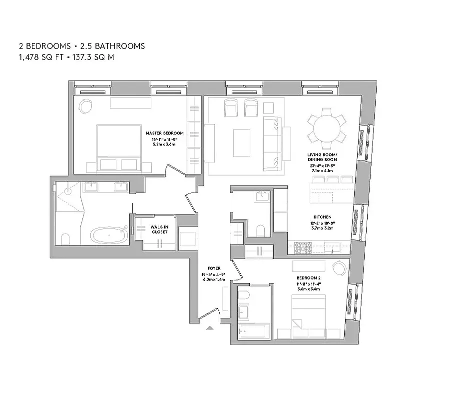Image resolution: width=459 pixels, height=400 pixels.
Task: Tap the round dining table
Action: pyautogui.click(x=327, y=128)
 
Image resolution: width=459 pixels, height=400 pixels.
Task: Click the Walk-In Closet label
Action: pyautogui.click(x=159, y=229)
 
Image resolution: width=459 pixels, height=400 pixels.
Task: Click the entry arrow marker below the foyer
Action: pyautogui.click(x=211, y=328)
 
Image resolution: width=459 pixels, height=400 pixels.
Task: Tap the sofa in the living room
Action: pyautogui.click(x=272, y=142)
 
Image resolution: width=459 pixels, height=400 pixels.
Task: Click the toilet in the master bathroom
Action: pyautogui.click(x=65, y=238)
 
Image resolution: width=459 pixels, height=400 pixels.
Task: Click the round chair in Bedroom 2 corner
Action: pyautogui.click(x=339, y=268)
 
